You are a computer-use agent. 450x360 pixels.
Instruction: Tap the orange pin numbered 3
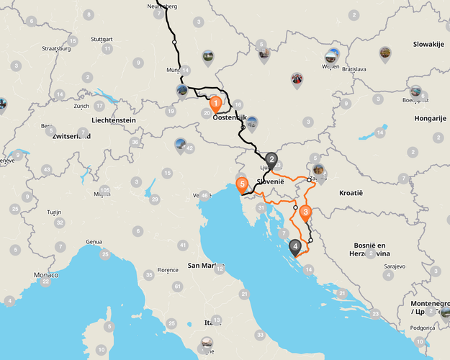305,213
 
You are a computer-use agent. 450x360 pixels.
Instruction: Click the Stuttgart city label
102,39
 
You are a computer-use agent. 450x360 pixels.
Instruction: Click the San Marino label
202,266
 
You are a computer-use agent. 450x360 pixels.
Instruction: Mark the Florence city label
167,270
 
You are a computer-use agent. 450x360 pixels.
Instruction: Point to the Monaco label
45,275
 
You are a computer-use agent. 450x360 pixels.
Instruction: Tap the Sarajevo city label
390,266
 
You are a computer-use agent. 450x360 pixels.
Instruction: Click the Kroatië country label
354,193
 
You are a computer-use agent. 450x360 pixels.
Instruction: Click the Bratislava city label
354,69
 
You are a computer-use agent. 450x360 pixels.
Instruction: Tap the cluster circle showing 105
105,190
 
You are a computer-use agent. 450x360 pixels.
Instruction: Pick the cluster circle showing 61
177,287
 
